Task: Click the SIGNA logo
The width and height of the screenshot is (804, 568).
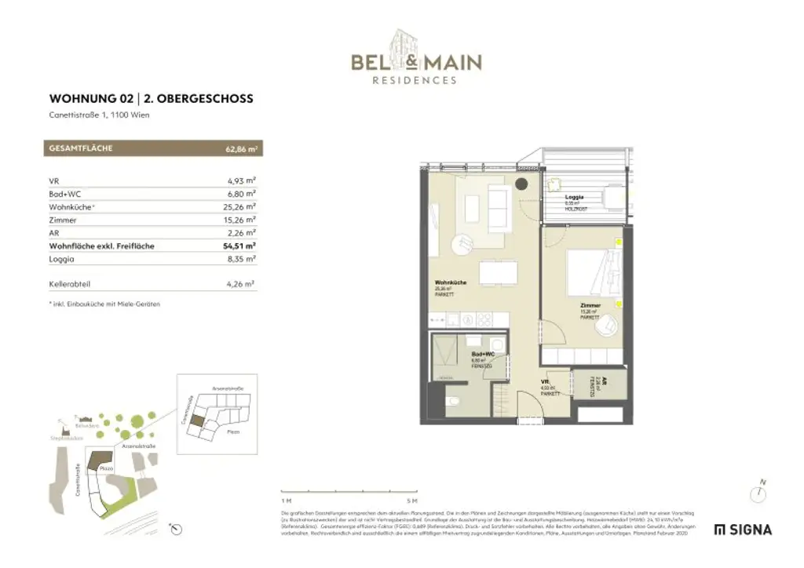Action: tap(743, 530)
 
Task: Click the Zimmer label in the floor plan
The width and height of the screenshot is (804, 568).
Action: tap(590, 305)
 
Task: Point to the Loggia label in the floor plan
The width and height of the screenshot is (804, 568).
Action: tap(574, 198)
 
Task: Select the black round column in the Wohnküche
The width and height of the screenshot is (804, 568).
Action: tap(521, 184)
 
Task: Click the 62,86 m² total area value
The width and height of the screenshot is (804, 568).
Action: tap(243, 147)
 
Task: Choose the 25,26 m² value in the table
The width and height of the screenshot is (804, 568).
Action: tap(240, 207)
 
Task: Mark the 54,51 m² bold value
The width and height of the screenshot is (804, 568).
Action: tap(239, 246)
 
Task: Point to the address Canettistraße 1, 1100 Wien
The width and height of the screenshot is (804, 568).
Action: tap(99, 115)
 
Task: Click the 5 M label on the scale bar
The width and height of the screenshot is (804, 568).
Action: tap(411, 500)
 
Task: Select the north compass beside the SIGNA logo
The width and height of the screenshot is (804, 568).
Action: tap(758, 493)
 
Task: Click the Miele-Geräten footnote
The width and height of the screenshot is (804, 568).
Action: tap(104, 304)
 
